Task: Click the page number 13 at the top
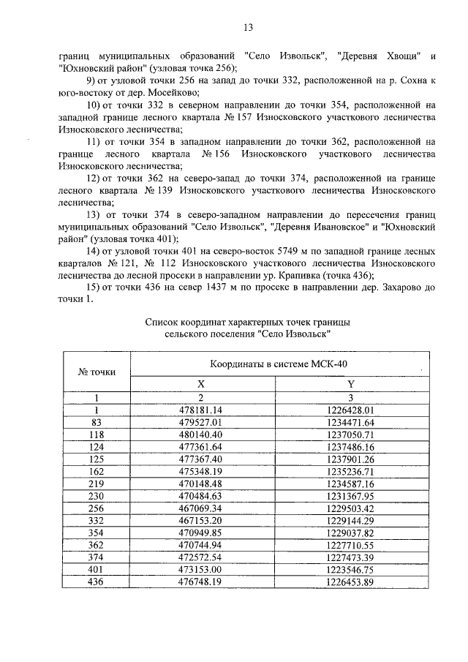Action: [x=247, y=29]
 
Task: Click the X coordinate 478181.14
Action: [x=202, y=410]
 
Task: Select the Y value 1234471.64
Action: [x=350, y=423]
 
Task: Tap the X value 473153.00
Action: [x=202, y=569]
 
